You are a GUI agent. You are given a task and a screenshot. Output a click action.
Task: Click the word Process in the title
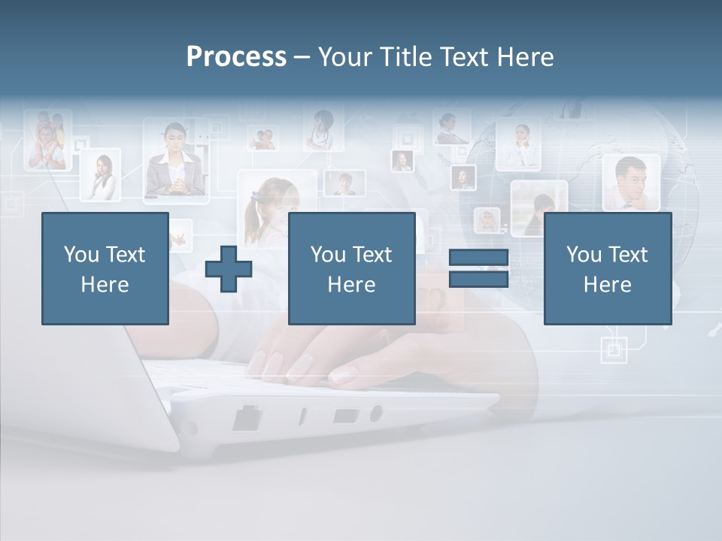[x=236, y=57]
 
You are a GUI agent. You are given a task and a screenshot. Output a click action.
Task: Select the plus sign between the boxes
[x=229, y=269]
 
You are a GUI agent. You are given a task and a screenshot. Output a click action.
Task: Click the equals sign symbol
[x=478, y=268]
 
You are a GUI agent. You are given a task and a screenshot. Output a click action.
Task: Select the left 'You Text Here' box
[x=105, y=269]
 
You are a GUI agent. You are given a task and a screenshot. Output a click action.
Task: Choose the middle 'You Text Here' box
[x=351, y=269]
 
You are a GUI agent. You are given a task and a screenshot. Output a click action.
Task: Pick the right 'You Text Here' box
[x=608, y=269]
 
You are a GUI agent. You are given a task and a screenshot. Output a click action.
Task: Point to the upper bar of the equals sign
[x=478, y=258]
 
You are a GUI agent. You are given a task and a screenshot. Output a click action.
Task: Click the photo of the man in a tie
[x=630, y=183]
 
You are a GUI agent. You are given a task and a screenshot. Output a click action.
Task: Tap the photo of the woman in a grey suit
[x=176, y=162]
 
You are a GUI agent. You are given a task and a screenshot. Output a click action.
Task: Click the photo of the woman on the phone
[x=101, y=176]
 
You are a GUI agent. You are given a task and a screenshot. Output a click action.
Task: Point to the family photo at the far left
[x=47, y=141]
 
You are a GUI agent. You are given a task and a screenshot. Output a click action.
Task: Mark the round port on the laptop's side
[x=375, y=413]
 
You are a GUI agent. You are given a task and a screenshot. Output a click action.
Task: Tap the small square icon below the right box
[x=614, y=349]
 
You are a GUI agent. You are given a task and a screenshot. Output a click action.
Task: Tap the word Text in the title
[x=466, y=57]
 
